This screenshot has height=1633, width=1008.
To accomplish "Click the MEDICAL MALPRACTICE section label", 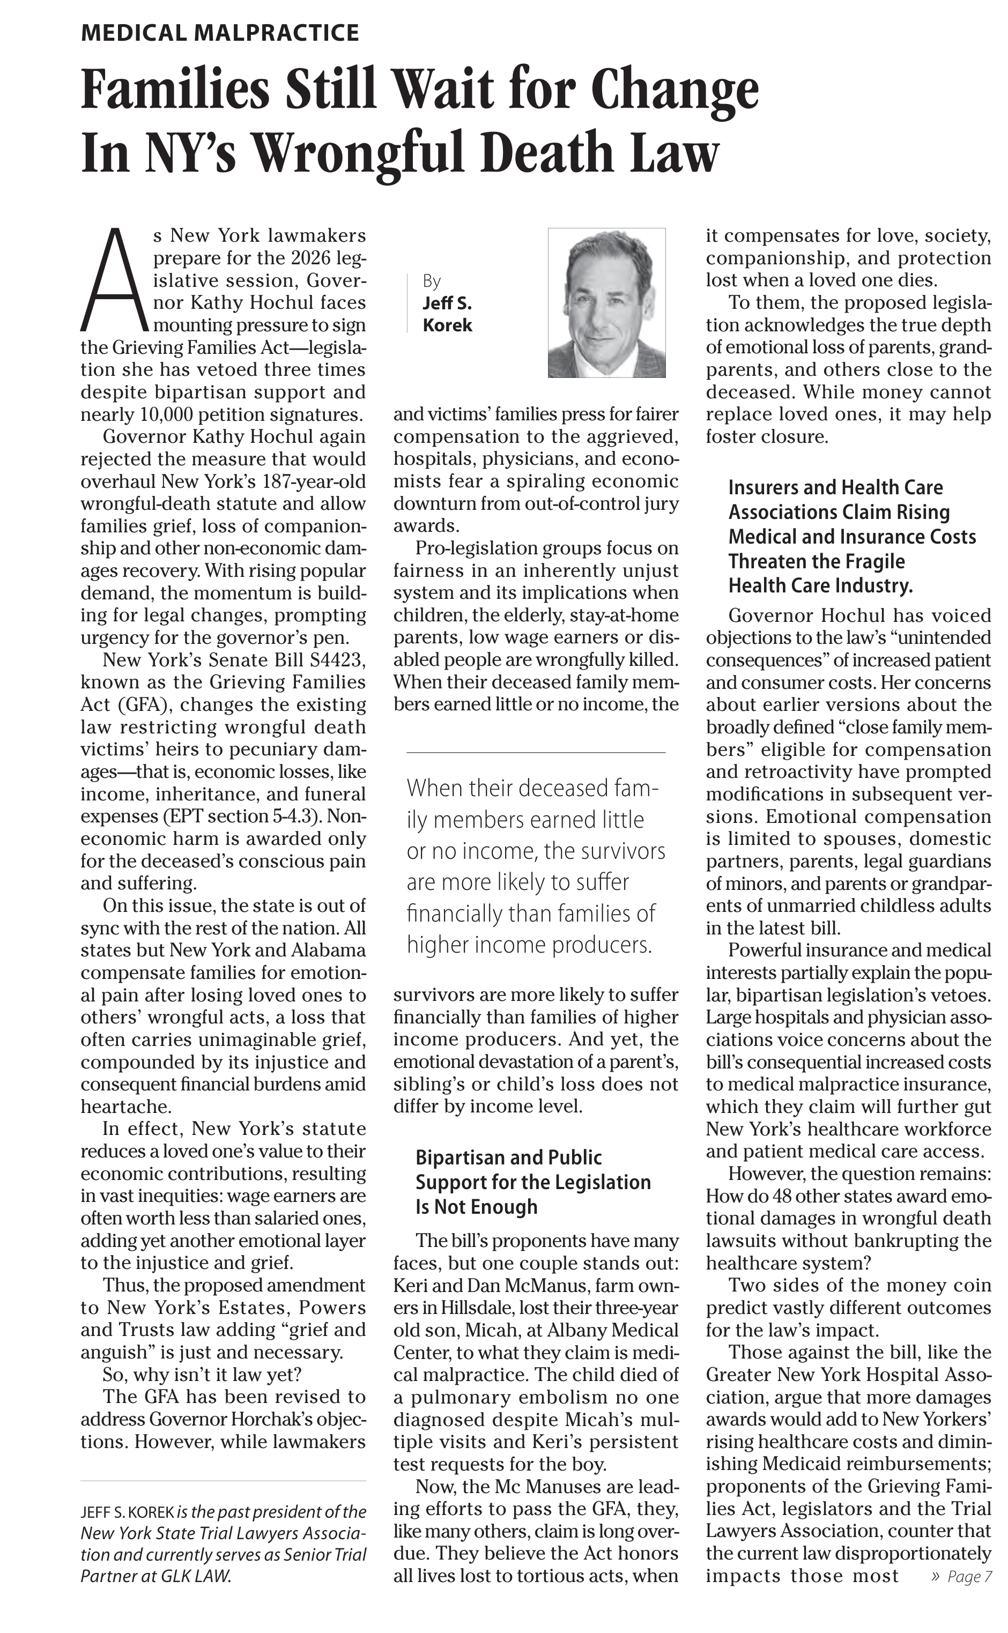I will (219, 33).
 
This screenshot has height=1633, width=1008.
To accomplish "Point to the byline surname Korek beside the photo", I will (447, 325).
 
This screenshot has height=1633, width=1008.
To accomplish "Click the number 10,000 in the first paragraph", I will (159, 414).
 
